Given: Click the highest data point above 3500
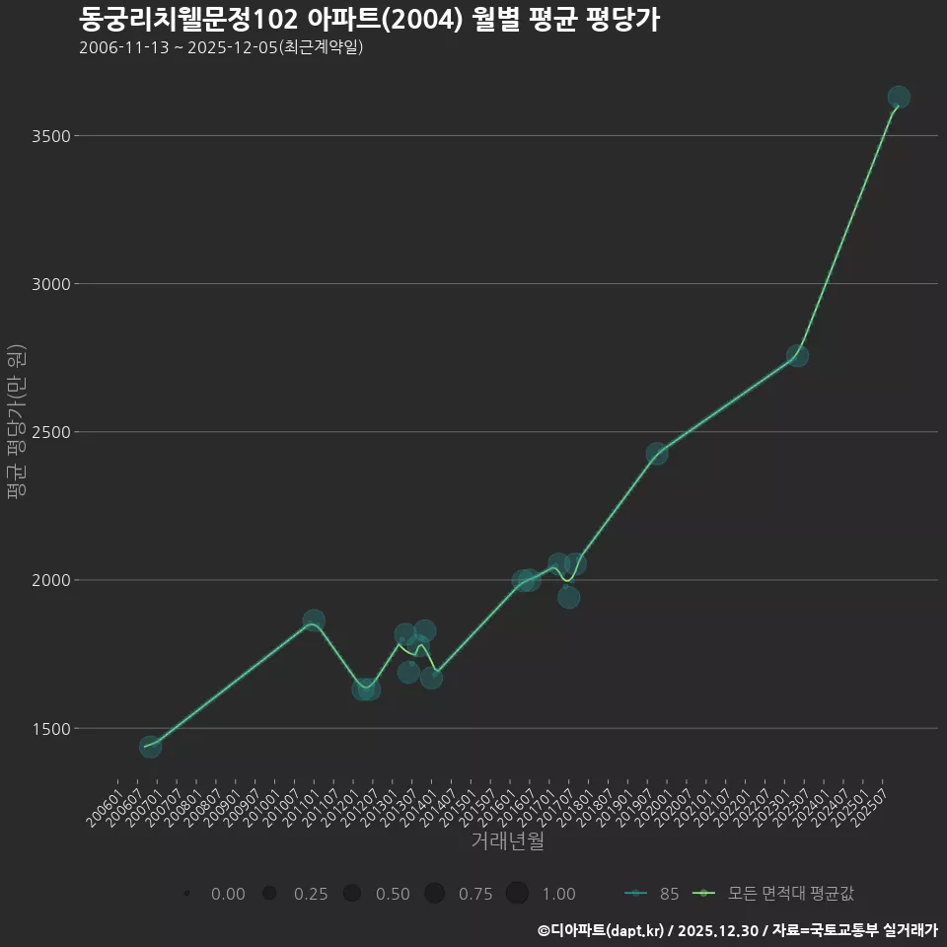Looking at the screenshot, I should pyautogui.click(x=898, y=97).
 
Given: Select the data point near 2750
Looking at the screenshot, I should pyautogui.click(x=797, y=355).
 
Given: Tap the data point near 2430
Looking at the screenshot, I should pyautogui.click(x=657, y=454).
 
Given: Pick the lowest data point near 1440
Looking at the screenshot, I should pyautogui.click(x=150, y=747).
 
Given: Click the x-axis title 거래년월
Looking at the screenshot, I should pyautogui.click(x=507, y=841).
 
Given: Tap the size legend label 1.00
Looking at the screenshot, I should pyautogui.click(x=558, y=894).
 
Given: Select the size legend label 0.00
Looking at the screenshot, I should pyautogui.click(x=228, y=894).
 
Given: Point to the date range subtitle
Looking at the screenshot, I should pyautogui.click(x=221, y=47).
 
